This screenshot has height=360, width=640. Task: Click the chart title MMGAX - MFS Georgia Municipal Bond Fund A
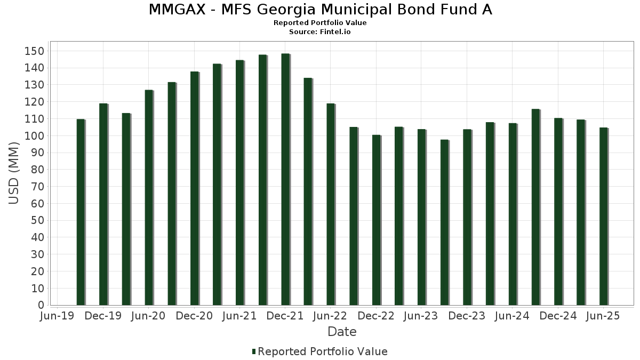[320, 10]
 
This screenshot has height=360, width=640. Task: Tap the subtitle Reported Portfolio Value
[320, 23]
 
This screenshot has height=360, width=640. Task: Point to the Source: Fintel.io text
[320, 32]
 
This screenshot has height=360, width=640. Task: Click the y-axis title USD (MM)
[14, 173]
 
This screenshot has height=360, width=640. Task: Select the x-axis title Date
[342, 332]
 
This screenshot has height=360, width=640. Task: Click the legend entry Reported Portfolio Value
[323, 351]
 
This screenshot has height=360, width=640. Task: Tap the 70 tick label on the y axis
[37, 187]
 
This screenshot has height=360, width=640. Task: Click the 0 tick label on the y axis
[41, 306]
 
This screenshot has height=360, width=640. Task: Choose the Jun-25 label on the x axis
[603, 316]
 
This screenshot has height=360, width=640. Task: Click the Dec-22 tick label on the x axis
[376, 316]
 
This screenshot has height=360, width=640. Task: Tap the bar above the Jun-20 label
[149, 198]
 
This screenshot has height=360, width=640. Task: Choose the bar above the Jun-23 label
[421, 218]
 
